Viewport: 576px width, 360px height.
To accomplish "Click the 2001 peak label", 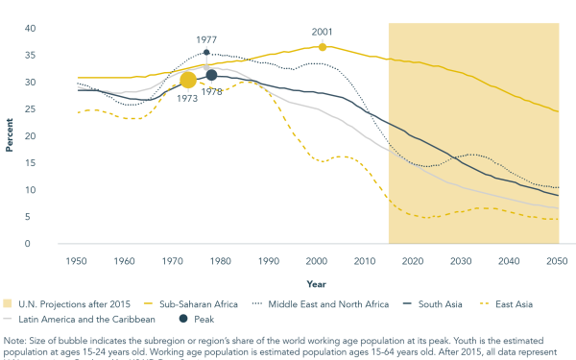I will pos(322,32).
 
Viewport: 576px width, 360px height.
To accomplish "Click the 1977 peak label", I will pos(206,40).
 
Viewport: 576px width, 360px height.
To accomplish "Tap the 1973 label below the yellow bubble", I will pos(187,99).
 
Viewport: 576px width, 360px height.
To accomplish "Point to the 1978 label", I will pos(212,92).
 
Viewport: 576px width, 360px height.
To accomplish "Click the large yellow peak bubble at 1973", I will pos(188,80).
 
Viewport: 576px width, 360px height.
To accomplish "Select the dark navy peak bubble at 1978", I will pos(211,75).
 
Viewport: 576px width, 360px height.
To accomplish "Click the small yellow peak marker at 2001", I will pos(323,46).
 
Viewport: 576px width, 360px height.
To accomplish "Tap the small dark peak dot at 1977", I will pos(206,53).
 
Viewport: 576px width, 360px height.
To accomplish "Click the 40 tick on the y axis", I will pos(57,29).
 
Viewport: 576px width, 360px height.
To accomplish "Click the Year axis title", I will pos(316,284).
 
